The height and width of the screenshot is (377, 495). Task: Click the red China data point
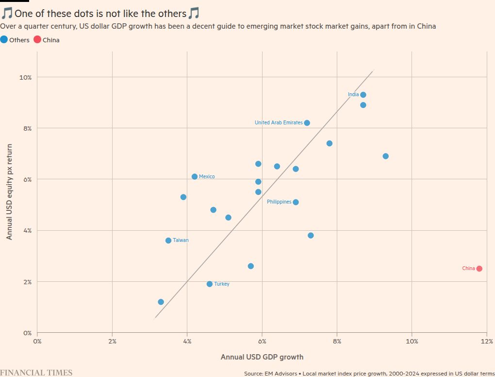479,269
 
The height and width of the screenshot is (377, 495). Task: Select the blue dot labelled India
363,95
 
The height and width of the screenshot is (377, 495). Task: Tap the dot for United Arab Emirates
307,123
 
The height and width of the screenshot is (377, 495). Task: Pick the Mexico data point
195,177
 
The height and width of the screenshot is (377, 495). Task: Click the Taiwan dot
168,240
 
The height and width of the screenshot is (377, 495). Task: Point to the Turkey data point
210,284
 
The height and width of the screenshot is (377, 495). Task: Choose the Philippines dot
296,202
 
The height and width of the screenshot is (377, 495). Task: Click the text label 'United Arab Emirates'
279,123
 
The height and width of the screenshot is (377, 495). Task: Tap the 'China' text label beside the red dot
468,269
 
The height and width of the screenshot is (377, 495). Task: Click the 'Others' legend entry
19,40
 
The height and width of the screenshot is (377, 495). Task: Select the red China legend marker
37,39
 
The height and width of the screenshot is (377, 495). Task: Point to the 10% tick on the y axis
26,77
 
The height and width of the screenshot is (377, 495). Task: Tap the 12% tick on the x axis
486,341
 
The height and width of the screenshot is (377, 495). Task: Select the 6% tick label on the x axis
262,341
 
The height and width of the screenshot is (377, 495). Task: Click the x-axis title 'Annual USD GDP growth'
262,357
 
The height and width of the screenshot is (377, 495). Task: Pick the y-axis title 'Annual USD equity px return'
9,191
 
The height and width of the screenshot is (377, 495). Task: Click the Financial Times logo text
36,373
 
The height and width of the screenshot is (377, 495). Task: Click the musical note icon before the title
7,13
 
